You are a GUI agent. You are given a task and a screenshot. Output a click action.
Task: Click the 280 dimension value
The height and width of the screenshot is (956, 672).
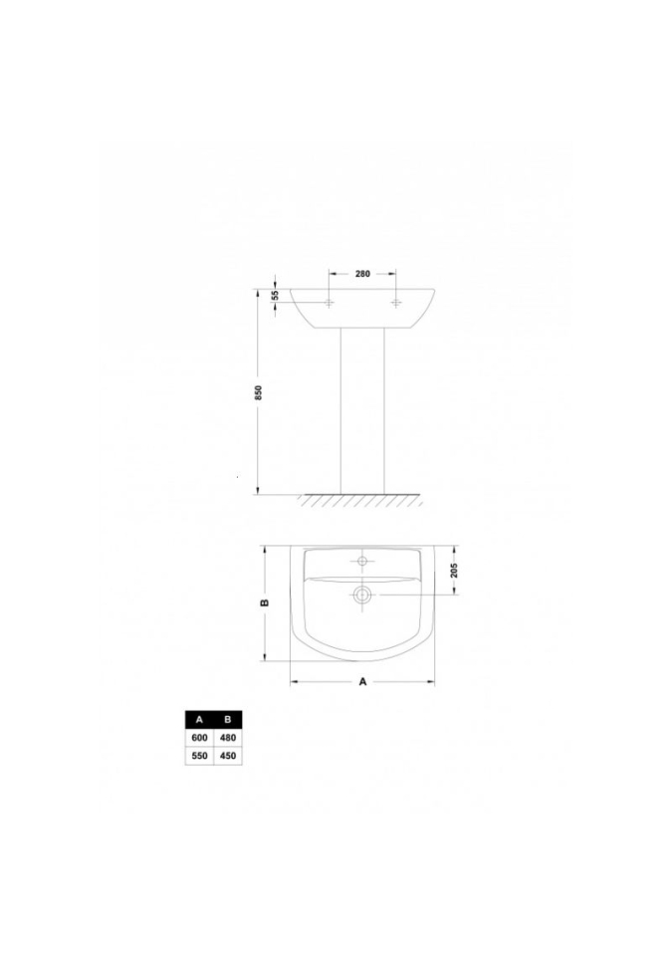(x=362, y=274)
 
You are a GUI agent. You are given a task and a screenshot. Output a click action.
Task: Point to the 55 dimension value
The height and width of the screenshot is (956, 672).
(x=275, y=295)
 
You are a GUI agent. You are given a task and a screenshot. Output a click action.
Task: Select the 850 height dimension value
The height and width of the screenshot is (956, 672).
(x=258, y=392)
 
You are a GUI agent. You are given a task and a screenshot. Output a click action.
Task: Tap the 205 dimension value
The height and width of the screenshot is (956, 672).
(x=454, y=571)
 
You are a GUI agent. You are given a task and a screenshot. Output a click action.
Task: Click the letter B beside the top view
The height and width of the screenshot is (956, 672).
(x=265, y=603)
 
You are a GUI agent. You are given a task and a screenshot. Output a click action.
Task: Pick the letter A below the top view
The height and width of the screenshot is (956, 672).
(x=362, y=681)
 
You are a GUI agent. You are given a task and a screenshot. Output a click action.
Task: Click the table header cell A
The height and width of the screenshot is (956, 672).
(x=199, y=719)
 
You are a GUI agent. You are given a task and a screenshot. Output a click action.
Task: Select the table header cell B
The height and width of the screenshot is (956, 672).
(x=228, y=719)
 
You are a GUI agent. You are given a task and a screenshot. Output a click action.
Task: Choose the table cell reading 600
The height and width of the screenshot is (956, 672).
(x=199, y=738)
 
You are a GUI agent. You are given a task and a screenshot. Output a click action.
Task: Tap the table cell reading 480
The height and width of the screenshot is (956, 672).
(x=228, y=738)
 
